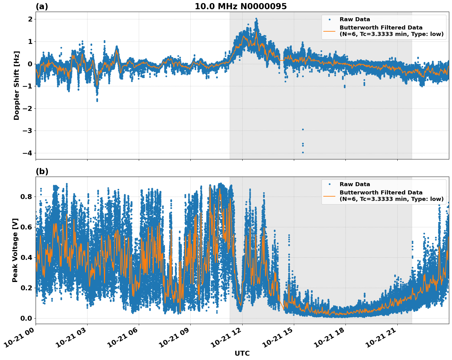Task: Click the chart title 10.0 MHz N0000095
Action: tap(241, 6)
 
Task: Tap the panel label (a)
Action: tap(42, 6)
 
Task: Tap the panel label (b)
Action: tap(42, 171)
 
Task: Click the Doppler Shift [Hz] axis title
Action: tap(17, 85)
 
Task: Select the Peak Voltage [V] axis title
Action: tap(15, 250)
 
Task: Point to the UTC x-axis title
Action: tap(242, 353)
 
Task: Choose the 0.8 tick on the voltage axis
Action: tap(26, 197)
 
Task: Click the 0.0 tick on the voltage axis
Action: tap(26, 318)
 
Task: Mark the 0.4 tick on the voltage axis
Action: tap(26, 257)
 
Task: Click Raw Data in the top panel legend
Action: tap(355, 19)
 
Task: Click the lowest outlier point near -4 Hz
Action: tap(303, 152)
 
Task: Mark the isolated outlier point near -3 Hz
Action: tap(303, 129)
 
